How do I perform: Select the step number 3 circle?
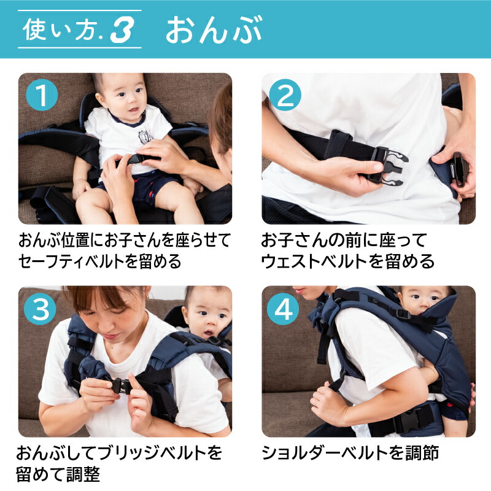41,309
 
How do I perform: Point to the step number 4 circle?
285,309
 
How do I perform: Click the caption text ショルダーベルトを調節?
350,454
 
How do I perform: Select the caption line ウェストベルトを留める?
348,261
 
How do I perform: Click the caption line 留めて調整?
58,474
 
